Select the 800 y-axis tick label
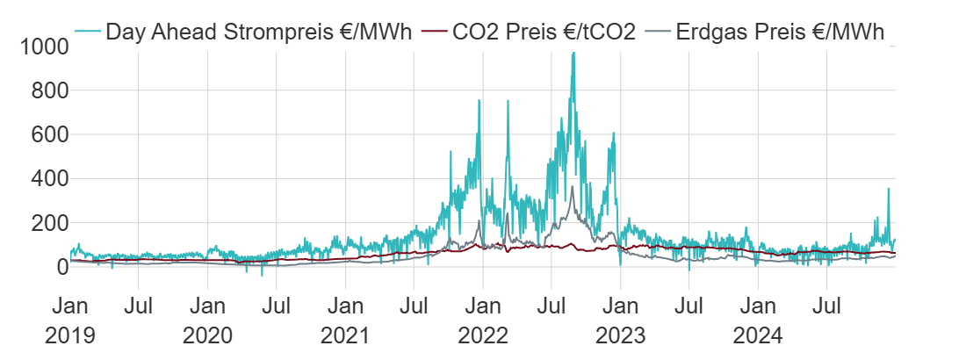pyautogui.click(x=46, y=90)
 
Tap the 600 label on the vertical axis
pyautogui.click(x=46, y=134)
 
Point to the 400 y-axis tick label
pyautogui.click(x=46, y=179)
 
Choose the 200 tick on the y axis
pyautogui.click(x=46, y=223)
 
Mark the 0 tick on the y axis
pyautogui.click(x=59, y=267)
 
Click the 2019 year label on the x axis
pyautogui.click(x=69, y=336)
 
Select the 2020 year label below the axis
pyautogui.click(x=207, y=336)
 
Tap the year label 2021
pyautogui.click(x=345, y=336)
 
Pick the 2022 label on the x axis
pyautogui.click(x=483, y=336)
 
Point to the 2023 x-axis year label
pyautogui.click(x=620, y=336)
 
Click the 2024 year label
pyautogui.click(x=758, y=336)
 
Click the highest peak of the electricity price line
pyautogui.click(x=573, y=54)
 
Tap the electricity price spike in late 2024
pyautogui.click(x=888, y=189)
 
